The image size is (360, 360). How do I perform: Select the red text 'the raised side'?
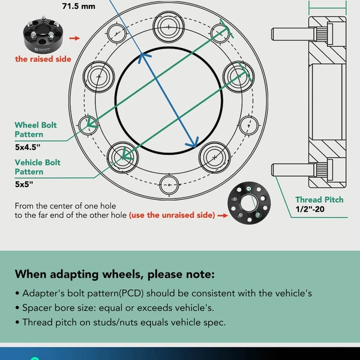pyautogui.click(x=43, y=59)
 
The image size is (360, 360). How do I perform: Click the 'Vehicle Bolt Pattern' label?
pyautogui.click(x=37, y=167)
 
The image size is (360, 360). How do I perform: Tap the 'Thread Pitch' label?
pyautogui.click(x=319, y=200)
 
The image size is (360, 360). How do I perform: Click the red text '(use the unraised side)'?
pyautogui.click(x=172, y=215)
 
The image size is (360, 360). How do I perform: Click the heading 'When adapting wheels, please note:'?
pyautogui.click(x=114, y=275)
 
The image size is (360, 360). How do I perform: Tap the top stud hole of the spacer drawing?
pyautogui.click(x=169, y=27)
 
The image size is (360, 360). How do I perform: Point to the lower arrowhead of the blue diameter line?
pyautogui.click(x=193, y=145)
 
